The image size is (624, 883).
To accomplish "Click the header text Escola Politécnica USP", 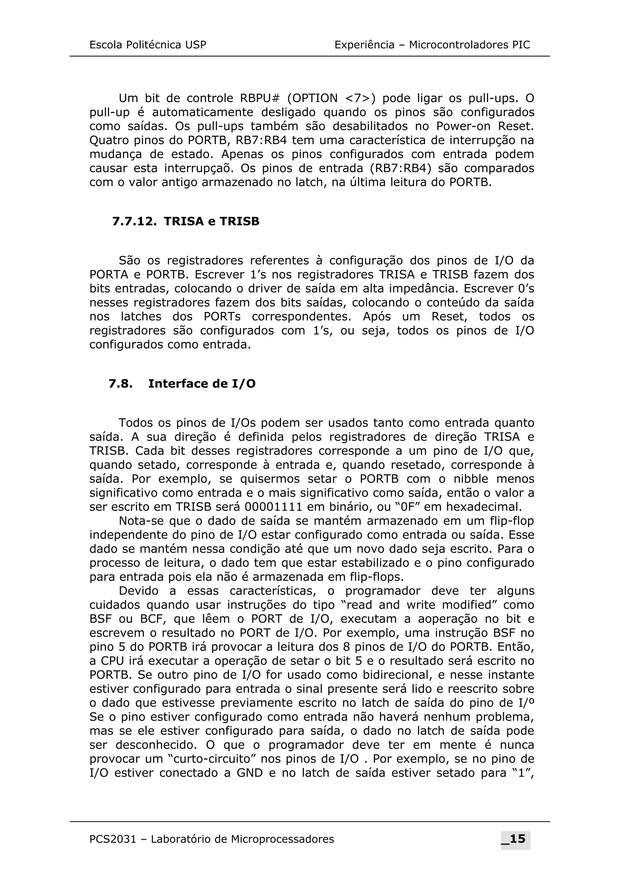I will coord(148,45).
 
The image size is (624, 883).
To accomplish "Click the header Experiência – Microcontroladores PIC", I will coord(432,45).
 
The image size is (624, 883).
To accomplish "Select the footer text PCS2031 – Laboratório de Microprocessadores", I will coord(211,839).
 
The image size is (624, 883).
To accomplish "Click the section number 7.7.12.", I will coord(134,222).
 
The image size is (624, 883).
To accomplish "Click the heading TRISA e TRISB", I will coord(211,222).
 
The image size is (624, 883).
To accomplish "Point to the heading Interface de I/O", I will coord(202,384).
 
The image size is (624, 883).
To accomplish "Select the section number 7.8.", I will coord(120,384).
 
